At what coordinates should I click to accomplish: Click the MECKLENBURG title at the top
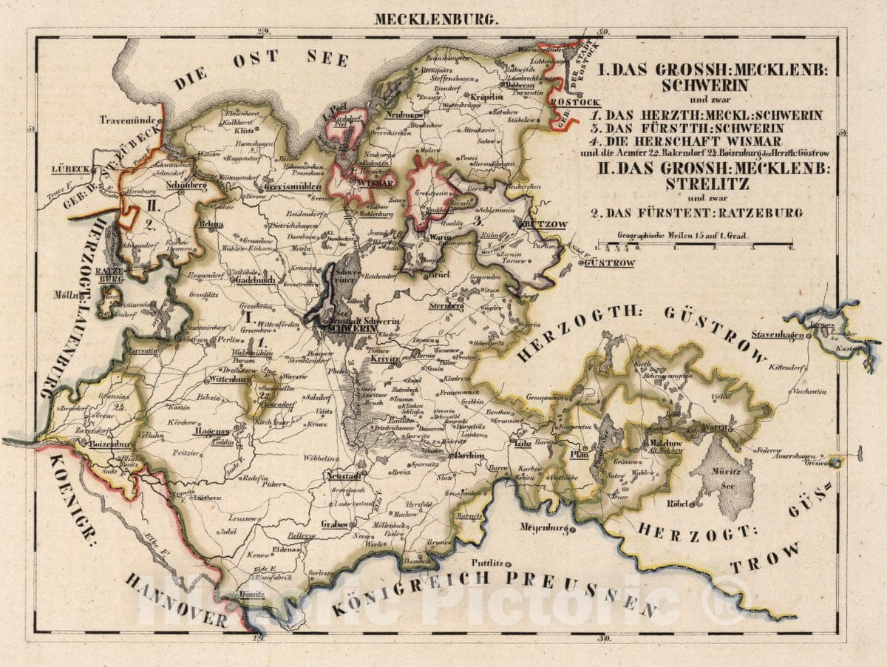[436, 19]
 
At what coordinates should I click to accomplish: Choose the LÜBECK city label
[70, 169]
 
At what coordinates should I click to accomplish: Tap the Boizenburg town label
[110, 445]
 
